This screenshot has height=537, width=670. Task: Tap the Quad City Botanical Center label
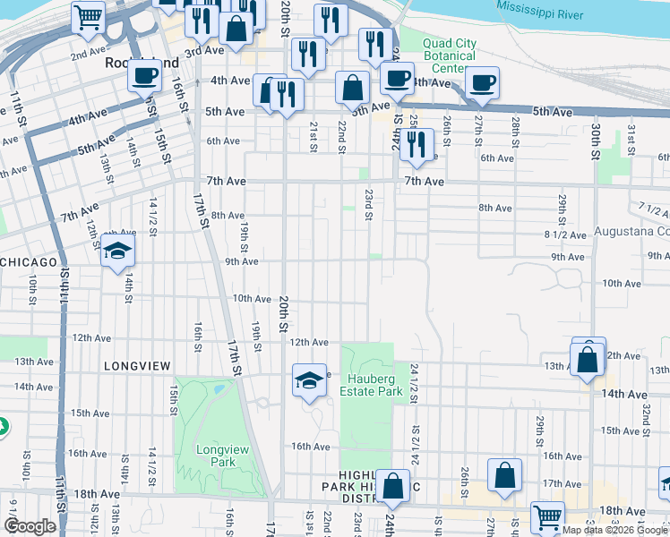(x=450, y=55)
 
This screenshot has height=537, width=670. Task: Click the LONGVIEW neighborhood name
(x=136, y=366)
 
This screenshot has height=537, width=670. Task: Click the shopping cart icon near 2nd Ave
(x=88, y=16)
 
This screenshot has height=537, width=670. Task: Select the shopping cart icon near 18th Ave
(x=547, y=516)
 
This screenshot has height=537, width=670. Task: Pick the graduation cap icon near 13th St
(x=117, y=253)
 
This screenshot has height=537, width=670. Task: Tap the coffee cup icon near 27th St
(x=482, y=82)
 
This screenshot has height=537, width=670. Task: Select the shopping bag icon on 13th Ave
(x=588, y=360)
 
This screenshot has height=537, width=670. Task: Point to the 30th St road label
(x=594, y=141)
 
